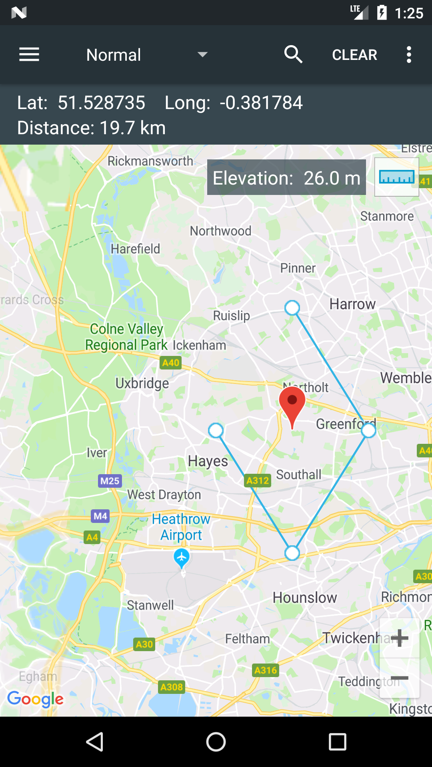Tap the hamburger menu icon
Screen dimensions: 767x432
(x=29, y=54)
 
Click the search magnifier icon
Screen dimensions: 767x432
(x=293, y=54)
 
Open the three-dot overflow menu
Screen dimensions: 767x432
(x=408, y=54)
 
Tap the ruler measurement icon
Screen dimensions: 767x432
(x=396, y=177)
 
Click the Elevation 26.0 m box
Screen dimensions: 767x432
(x=286, y=177)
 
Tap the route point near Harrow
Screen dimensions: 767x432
(x=292, y=308)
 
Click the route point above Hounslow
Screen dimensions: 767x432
(x=292, y=553)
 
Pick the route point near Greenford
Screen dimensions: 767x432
(x=368, y=430)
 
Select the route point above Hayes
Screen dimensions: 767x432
(x=216, y=430)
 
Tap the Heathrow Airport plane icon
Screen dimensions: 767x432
(x=182, y=557)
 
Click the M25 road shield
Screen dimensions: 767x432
(x=110, y=481)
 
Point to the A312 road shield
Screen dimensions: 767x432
(x=258, y=480)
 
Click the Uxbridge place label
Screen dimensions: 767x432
(x=142, y=383)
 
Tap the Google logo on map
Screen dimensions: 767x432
(x=35, y=699)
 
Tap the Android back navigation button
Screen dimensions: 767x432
(x=95, y=742)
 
